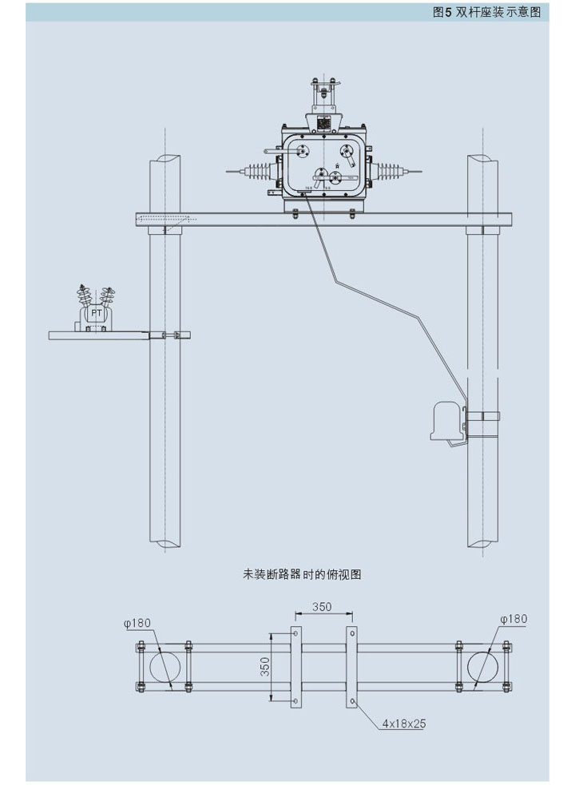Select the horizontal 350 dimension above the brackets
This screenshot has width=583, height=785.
point(322,606)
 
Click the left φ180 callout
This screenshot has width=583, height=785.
point(137,620)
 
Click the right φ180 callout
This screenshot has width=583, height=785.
point(514,619)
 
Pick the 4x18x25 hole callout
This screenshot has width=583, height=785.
point(403,724)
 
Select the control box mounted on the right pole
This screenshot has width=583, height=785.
point(446,421)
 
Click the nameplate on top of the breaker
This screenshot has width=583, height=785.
point(323,123)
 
